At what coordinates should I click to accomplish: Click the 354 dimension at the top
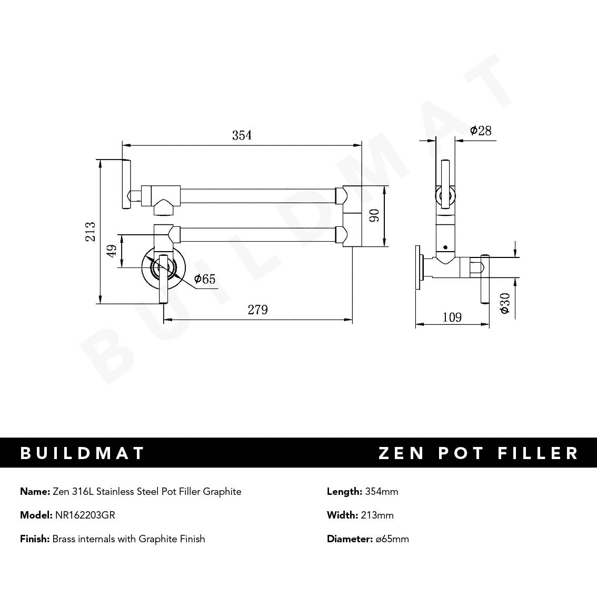242,135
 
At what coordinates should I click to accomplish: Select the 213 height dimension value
91,232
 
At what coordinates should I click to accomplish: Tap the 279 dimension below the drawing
258,310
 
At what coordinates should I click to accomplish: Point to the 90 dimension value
374,215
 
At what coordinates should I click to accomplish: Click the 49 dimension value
112,251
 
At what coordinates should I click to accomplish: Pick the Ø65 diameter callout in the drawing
205,279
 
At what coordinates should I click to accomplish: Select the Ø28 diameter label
481,130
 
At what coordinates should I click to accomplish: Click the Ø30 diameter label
505,303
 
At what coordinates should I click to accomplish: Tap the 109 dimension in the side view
452,317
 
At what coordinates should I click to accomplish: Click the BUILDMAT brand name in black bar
82,453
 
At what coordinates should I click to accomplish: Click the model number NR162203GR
85,515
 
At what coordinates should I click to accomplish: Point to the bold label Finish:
35,539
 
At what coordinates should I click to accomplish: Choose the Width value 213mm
377,515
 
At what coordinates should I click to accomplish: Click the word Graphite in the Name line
222,492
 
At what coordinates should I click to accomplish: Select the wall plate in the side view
419,267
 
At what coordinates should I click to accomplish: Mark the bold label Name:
35,492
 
